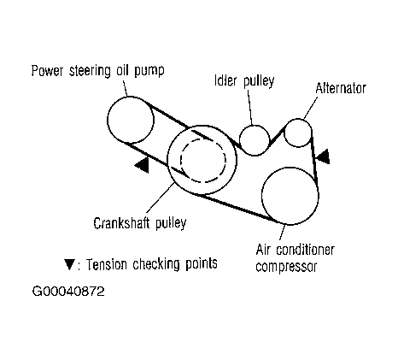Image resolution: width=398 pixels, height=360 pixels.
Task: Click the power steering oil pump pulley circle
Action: coord(108,120)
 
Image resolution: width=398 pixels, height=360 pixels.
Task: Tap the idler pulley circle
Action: coord(239,140)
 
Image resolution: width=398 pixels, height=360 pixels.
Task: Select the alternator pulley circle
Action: coord(284,133)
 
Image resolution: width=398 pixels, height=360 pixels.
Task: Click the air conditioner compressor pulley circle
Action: coord(261,196)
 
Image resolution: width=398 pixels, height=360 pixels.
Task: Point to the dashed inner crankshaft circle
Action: coord(180,160)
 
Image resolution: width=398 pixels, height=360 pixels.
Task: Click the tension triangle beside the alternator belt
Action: coord(324,156)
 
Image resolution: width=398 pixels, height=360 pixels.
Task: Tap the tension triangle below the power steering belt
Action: coord(142,165)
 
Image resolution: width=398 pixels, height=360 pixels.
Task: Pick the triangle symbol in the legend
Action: coord(69,264)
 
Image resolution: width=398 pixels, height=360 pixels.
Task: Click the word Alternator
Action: coord(341,88)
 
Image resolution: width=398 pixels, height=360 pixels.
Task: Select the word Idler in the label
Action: coord(225,80)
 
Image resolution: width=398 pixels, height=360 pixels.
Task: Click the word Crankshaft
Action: coord(121,223)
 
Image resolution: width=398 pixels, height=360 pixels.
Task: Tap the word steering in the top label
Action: coord(90,71)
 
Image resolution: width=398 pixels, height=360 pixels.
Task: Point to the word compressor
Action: coord(286,267)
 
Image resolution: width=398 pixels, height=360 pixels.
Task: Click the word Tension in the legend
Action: coord(106,264)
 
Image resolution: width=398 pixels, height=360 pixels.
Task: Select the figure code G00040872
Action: coord(68,292)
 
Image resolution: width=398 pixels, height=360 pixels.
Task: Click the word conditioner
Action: coord(306,250)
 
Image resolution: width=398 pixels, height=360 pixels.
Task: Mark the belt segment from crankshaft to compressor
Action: coord(236,208)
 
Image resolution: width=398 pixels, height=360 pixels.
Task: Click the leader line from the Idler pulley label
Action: coord(250,108)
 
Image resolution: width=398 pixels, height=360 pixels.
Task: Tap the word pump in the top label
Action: coord(149,71)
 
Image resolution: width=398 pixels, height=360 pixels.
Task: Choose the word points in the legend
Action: coord(202,264)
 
